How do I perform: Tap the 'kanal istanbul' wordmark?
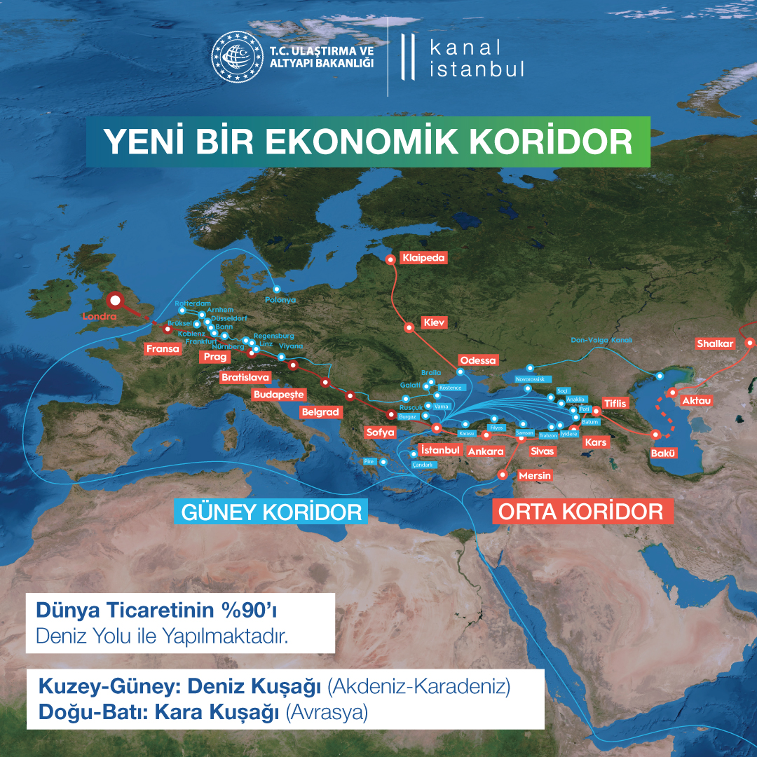coord(475,59)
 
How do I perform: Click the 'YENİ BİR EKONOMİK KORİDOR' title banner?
coord(369,141)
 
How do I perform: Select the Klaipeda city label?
coord(423,258)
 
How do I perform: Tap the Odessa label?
coord(477,360)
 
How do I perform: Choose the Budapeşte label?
coord(279,394)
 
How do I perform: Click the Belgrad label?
coord(320,412)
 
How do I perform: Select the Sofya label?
coord(381,432)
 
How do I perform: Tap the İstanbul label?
coord(439,450)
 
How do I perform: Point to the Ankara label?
coord(486,451)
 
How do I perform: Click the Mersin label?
coord(535,476)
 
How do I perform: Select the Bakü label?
coord(663,453)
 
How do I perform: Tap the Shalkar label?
coord(715,343)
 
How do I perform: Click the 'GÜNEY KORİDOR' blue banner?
coord(271,512)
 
